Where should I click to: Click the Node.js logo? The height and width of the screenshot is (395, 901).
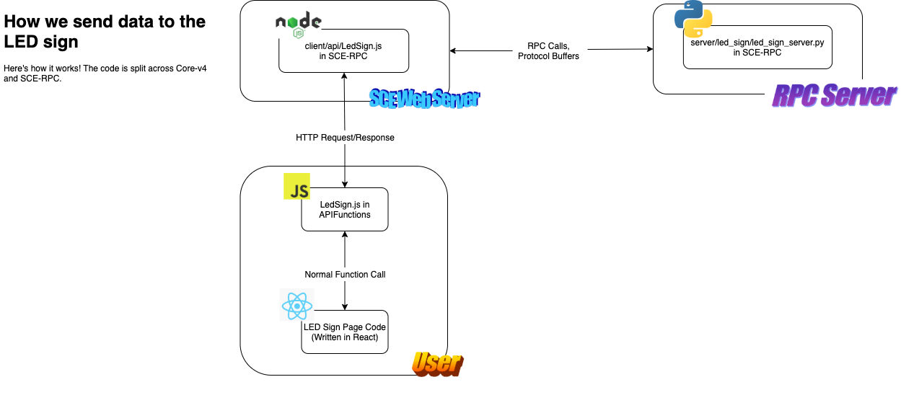[298, 24]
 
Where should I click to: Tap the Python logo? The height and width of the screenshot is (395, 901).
[693, 19]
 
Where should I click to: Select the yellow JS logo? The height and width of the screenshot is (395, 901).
[297, 186]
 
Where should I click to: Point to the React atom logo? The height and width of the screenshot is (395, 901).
[297, 305]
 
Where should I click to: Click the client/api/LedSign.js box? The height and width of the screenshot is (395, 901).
[343, 50]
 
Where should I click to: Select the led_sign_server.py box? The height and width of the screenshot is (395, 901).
[757, 48]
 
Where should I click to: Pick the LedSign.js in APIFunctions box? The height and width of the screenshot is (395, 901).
[345, 209]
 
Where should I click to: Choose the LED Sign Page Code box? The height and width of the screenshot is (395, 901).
[345, 332]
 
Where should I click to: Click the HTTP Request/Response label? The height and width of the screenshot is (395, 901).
[345, 138]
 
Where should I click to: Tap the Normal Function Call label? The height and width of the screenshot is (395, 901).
[345, 275]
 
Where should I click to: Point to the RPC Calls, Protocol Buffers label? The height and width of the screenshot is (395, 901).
[549, 51]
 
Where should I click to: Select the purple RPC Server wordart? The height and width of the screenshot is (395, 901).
[834, 95]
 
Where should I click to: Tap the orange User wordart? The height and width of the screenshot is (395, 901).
[438, 364]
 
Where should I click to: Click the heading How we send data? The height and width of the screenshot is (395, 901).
[105, 31]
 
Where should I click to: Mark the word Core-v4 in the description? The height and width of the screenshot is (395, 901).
[191, 68]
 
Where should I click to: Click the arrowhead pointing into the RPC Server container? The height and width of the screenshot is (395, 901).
[650, 49]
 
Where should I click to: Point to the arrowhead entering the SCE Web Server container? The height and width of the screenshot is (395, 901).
[453, 50]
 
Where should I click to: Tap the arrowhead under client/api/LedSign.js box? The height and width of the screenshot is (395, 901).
[344, 76]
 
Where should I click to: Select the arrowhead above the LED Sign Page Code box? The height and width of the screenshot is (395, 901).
[345, 307]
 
